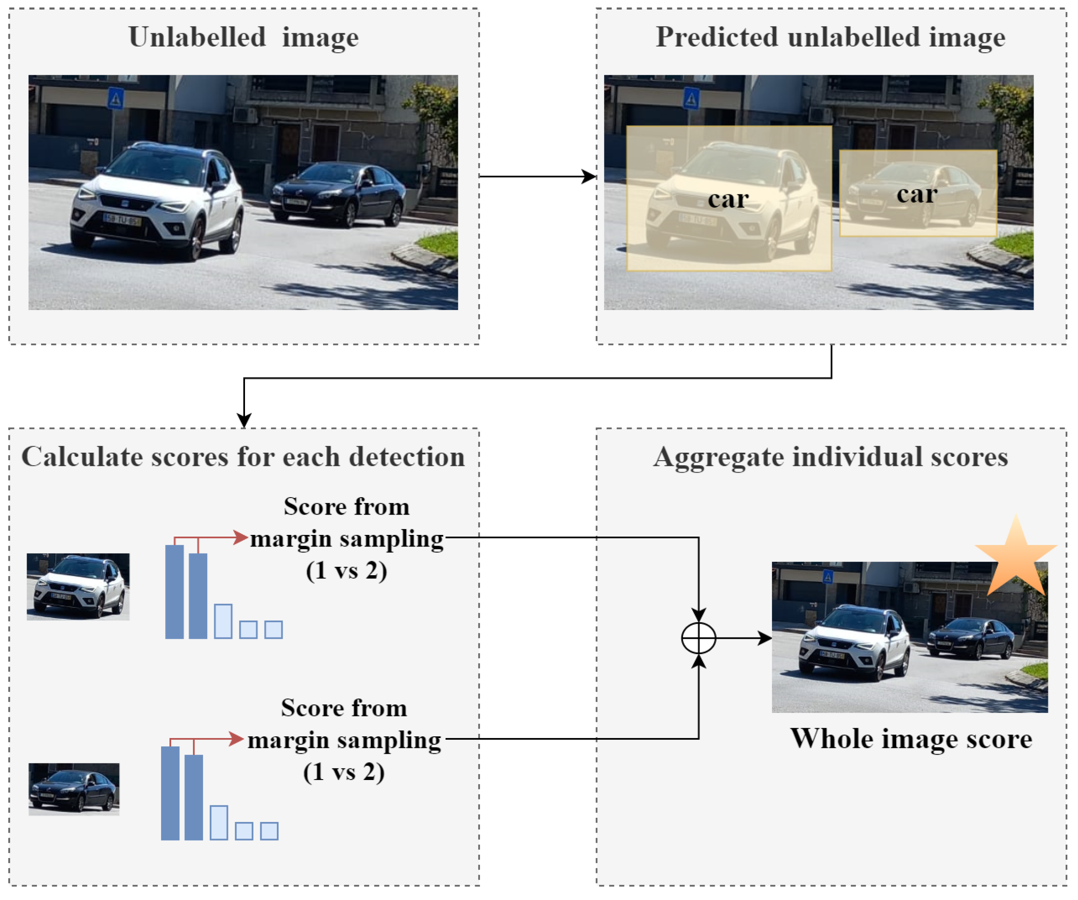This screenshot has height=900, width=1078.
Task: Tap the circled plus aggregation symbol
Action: tap(698, 638)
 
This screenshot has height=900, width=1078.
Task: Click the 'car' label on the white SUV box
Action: tap(728, 199)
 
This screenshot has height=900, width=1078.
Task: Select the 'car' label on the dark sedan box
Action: tap(917, 194)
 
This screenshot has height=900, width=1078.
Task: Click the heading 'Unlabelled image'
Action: tap(243, 37)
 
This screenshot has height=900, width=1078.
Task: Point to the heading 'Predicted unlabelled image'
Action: tap(830, 37)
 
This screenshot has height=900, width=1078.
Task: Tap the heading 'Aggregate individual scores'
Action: tap(830, 456)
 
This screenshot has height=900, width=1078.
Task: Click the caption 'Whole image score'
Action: tap(911, 739)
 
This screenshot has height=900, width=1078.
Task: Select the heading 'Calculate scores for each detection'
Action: tap(243, 456)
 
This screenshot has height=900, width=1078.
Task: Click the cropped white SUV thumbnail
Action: tap(78, 586)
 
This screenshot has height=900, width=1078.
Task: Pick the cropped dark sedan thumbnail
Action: tap(74, 789)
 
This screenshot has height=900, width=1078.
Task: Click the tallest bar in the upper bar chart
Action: tap(174, 591)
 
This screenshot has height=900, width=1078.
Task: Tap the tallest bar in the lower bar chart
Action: tap(170, 793)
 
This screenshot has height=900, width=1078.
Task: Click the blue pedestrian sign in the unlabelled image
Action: tap(115, 98)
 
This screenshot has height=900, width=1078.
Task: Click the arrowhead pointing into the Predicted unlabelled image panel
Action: tap(589, 176)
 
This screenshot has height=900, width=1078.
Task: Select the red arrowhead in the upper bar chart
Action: tap(241, 537)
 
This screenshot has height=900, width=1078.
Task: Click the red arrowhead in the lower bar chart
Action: tap(236, 739)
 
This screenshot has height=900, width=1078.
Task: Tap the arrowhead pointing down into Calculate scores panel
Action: tap(244, 420)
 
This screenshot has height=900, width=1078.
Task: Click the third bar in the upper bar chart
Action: tap(223, 621)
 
